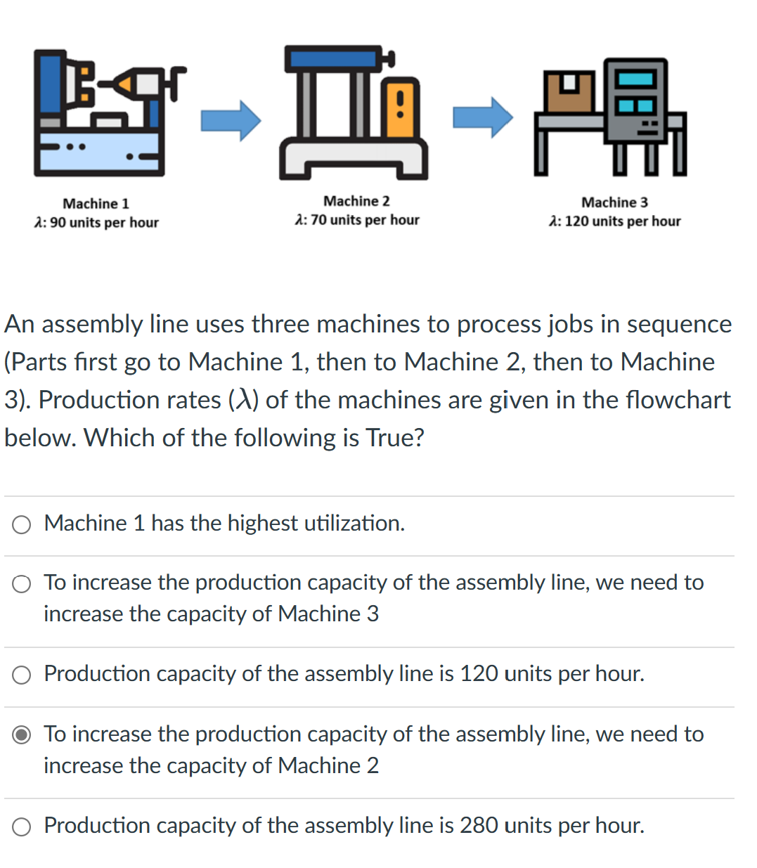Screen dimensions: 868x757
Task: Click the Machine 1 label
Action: point(96,204)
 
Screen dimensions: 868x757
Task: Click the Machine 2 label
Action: point(356,201)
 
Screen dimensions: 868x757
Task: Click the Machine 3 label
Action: point(614,202)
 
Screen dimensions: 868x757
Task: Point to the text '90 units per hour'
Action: point(104,223)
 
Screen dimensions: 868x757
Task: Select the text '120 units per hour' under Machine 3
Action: point(622,221)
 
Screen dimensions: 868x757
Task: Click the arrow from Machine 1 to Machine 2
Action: point(231,120)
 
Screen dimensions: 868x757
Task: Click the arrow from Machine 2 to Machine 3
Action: point(483,117)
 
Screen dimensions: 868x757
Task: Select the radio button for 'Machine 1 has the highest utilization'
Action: point(22,524)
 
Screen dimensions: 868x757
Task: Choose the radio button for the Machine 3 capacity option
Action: point(22,584)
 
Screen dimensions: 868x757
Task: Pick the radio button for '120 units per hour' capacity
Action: point(22,675)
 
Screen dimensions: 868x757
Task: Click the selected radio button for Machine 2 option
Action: point(22,735)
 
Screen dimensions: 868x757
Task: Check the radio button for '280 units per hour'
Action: point(22,827)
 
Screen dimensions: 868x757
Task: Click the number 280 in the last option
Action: point(479,825)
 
